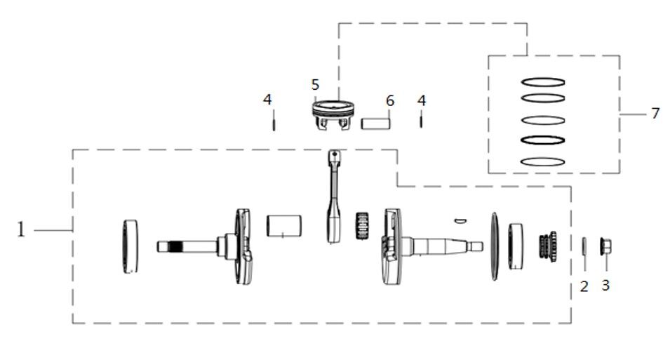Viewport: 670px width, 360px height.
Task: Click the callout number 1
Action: (x=21, y=229)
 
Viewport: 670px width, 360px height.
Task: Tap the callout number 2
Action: (x=584, y=286)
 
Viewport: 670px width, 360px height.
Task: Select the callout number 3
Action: (x=606, y=286)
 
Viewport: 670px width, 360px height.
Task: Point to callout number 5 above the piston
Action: (x=316, y=85)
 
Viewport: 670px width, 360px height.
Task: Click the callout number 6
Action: (x=390, y=101)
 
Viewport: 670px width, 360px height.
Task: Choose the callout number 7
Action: (x=655, y=113)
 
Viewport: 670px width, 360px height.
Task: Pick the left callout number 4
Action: (x=267, y=100)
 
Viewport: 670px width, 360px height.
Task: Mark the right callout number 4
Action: (x=421, y=100)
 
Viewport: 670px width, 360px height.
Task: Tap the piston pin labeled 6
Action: (x=375, y=122)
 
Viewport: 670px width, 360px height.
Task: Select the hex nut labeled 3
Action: (x=604, y=247)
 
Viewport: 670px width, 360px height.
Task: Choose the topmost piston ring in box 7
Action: (x=543, y=81)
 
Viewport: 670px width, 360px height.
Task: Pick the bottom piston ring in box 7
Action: (x=543, y=161)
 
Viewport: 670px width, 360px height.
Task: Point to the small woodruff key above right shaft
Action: (x=460, y=220)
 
